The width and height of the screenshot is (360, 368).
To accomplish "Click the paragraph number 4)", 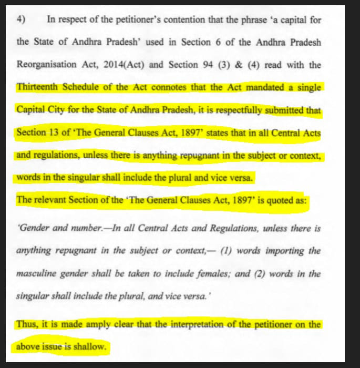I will pyautogui.click(x=21, y=19).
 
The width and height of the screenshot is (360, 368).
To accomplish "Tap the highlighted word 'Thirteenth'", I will pyautogui.click(x=36, y=87).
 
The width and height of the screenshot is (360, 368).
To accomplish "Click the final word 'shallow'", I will pyautogui.click(x=90, y=347).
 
